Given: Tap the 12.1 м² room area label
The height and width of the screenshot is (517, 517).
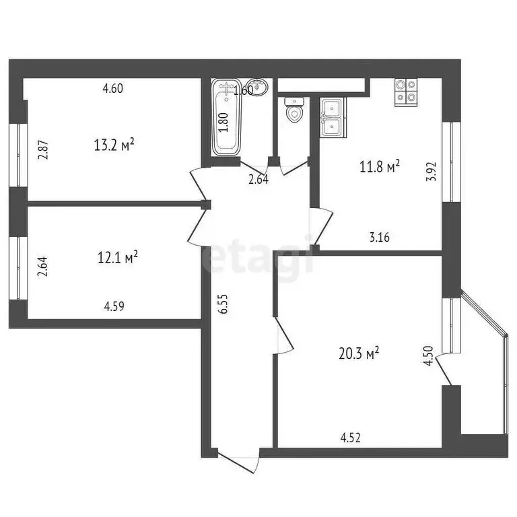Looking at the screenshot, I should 118,256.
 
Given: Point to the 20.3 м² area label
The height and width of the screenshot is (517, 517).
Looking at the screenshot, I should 357,353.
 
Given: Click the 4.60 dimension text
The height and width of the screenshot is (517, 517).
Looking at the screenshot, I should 112,88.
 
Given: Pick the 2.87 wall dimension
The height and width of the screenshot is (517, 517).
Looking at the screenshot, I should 43,149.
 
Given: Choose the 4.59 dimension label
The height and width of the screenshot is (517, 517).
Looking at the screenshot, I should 114,306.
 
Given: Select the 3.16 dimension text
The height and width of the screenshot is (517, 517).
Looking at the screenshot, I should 380,236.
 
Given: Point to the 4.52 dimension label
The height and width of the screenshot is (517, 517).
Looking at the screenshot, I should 351,438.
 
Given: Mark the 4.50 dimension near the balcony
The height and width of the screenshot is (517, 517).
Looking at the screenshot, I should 425,355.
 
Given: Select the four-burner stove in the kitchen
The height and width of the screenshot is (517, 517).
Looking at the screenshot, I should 405,91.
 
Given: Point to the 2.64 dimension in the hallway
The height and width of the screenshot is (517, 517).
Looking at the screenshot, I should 258,180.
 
